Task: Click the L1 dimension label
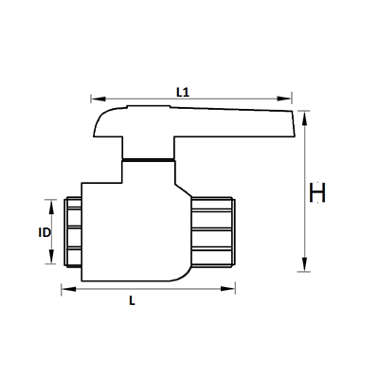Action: tap(186, 91)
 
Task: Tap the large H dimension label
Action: tap(318, 193)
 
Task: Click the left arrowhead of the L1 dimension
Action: tap(93, 98)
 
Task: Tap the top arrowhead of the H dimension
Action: tap(304, 117)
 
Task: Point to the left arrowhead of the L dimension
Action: tap(64, 287)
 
